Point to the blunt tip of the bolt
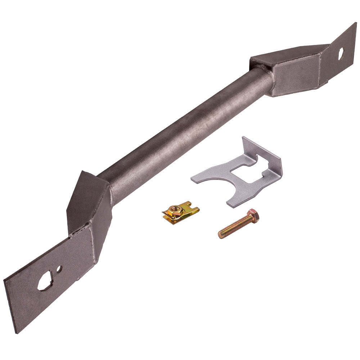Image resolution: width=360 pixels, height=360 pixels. pyautogui.click(x=220, y=234)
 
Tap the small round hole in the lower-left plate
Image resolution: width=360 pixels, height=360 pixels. pyautogui.click(x=59, y=269)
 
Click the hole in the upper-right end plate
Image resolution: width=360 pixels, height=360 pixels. pyautogui.click(x=341, y=53)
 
